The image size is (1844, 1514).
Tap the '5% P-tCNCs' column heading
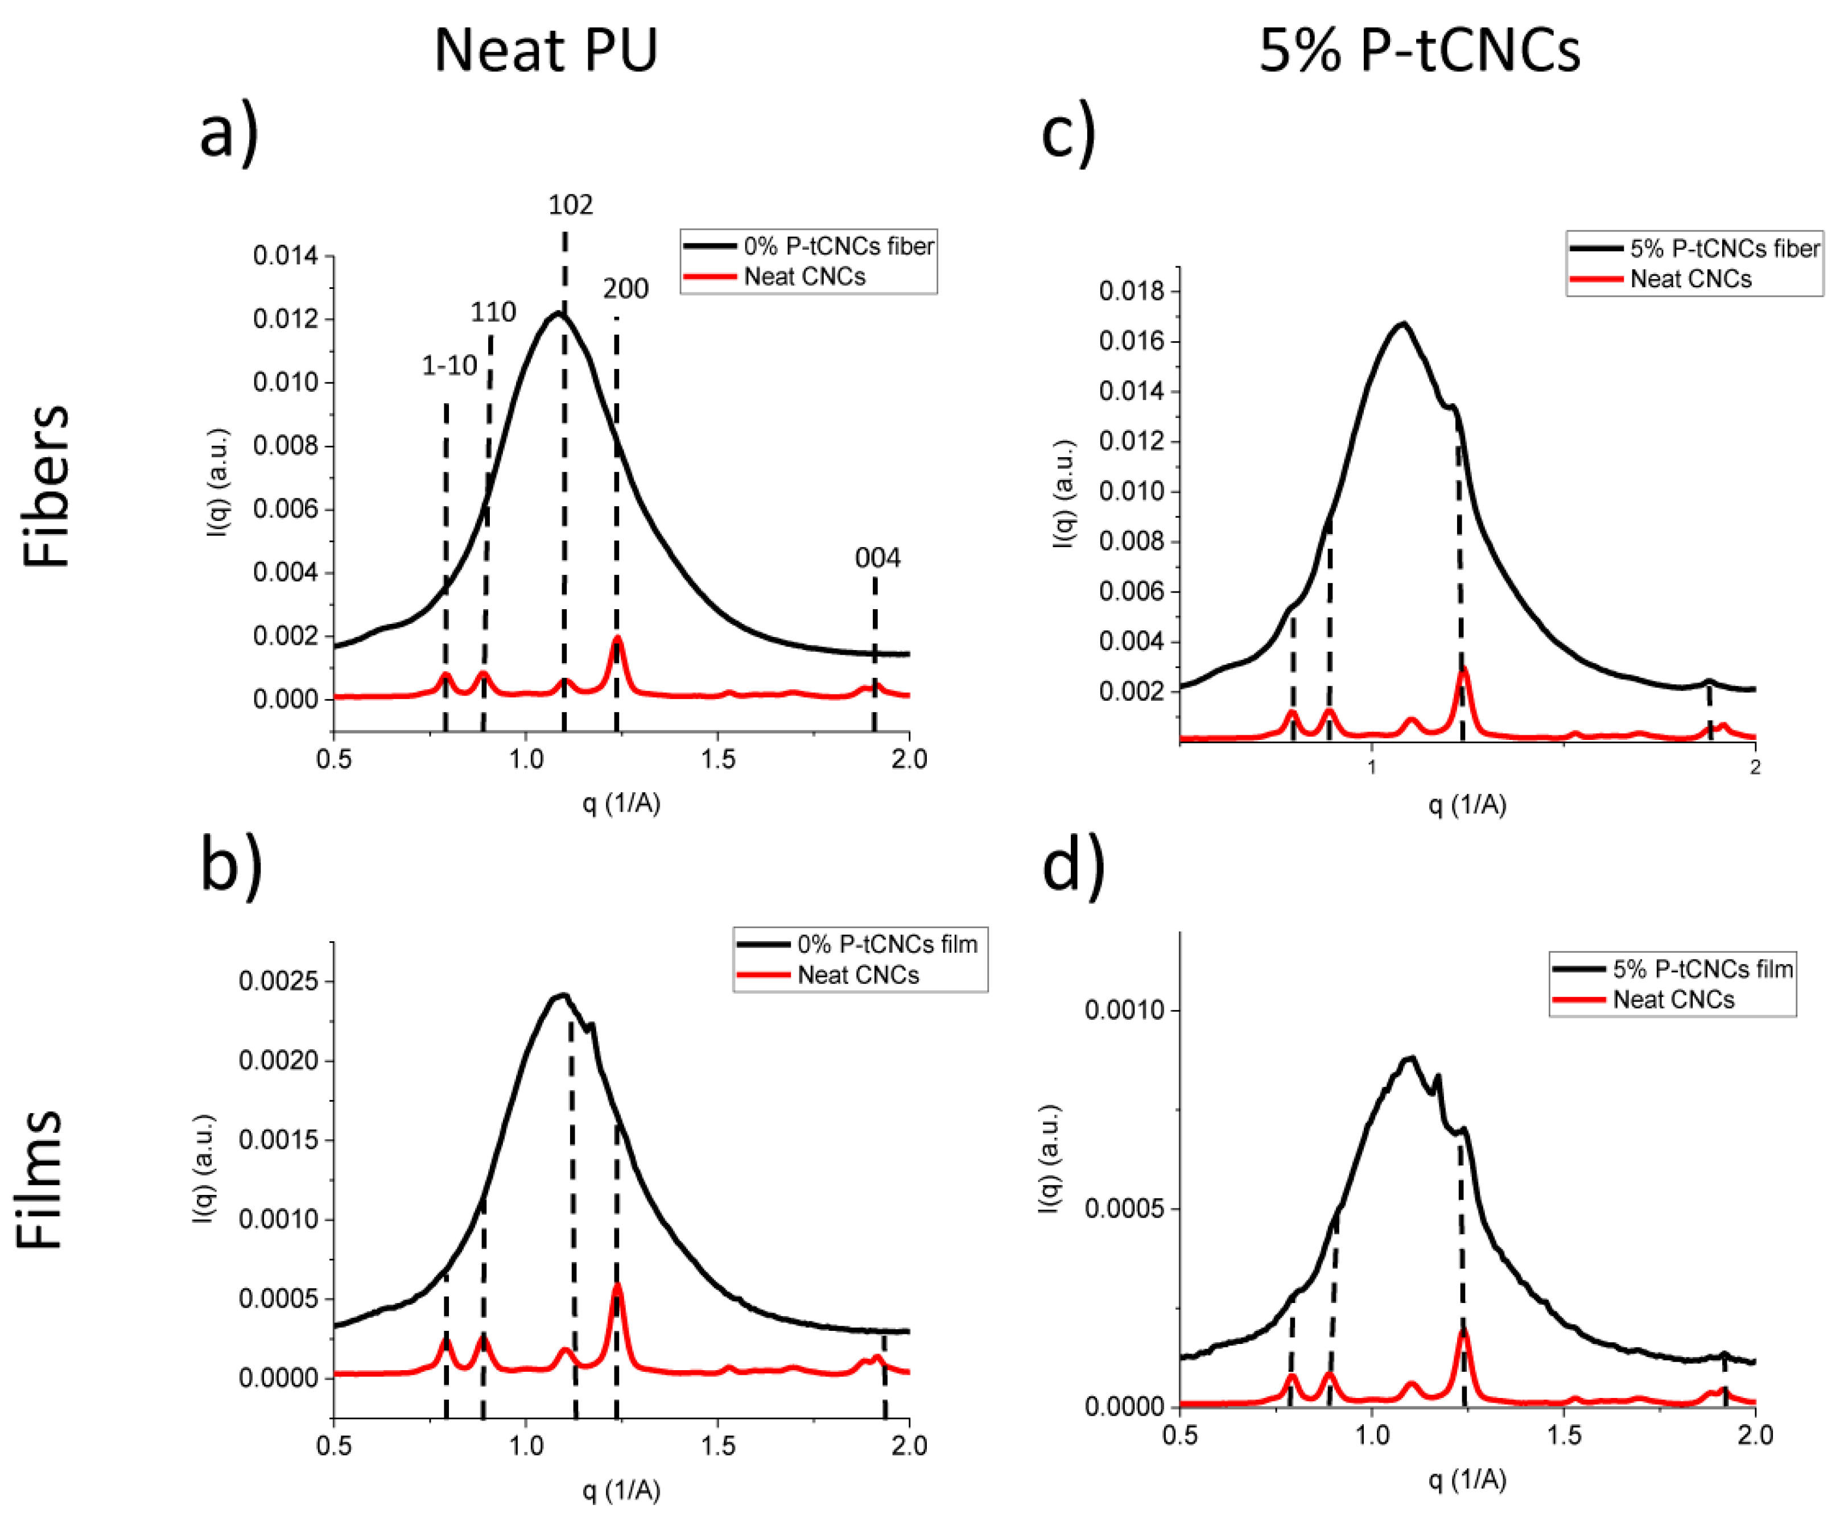(1419, 51)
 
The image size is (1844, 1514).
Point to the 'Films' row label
(41, 1180)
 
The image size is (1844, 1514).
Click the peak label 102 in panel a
(571, 205)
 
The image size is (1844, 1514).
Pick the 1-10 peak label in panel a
(449, 365)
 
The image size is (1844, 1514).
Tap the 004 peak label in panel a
(877, 558)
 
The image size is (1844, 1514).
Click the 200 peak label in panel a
(625, 289)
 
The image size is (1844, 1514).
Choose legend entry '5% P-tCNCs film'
(1702, 969)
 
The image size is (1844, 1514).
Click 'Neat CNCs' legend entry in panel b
(857, 974)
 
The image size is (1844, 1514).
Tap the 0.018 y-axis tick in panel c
(1131, 291)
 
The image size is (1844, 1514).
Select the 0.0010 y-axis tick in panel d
(1124, 1011)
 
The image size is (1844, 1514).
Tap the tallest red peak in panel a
(617, 639)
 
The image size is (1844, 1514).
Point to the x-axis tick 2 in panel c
(1755, 767)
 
